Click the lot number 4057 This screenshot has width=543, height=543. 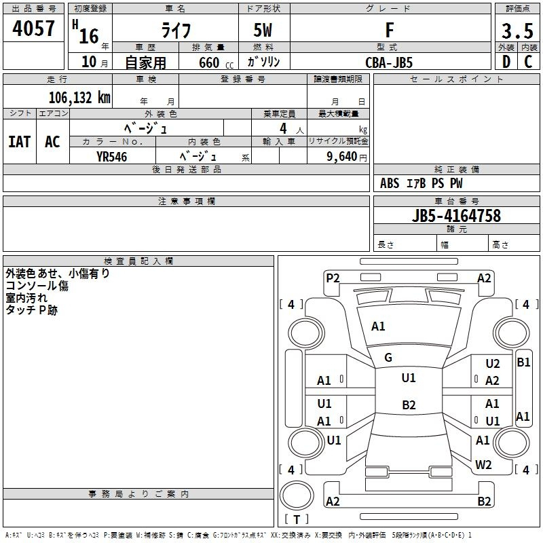pyautogui.click(x=34, y=30)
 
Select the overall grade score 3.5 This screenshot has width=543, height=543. pyautogui.click(x=517, y=31)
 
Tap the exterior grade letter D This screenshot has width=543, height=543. pyautogui.click(x=506, y=61)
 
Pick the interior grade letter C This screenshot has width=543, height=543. pyautogui.click(x=528, y=61)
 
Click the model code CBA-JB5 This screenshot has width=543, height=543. pyautogui.click(x=388, y=62)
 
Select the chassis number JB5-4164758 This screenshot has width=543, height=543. pyautogui.click(x=456, y=216)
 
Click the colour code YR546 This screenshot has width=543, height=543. pyautogui.click(x=111, y=156)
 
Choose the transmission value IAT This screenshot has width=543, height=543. pyautogui.click(x=19, y=142)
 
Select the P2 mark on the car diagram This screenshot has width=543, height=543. pyautogui.click(x=333, y=277)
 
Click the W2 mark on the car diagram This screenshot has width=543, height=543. pyautogui.click(x=483, y=465)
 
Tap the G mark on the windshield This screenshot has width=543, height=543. pyautogui.click(x=388, y=358)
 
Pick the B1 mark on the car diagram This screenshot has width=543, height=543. pyautogui.click(x=523, y=362)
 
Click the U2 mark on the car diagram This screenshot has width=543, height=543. pyautogui.click(x=492, y=364)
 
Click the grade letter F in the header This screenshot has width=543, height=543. pyautogui.click(x=389, y=31)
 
